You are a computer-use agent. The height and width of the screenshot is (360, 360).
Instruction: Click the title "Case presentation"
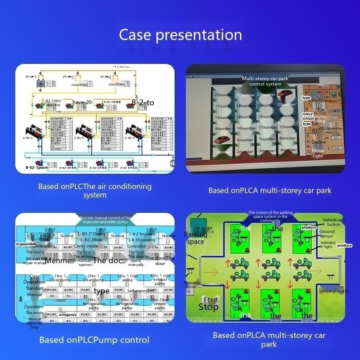[180, 35]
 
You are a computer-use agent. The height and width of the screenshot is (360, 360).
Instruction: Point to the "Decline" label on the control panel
[318, 142]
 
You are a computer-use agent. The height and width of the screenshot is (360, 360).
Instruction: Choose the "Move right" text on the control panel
[318, 153]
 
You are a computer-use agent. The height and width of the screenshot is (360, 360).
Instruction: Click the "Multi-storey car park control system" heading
[265, 81]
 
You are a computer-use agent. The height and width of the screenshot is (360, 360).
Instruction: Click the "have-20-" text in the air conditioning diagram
[82, 102]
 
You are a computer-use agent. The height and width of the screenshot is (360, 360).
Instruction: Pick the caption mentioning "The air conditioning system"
[94, 190]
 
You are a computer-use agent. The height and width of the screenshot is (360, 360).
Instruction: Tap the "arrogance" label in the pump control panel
[68, 315]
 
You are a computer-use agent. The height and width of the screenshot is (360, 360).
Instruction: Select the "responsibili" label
[31, 244]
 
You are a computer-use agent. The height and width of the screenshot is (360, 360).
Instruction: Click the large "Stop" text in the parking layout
[208, 307]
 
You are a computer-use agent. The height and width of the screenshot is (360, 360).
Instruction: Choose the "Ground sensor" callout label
[327, 234]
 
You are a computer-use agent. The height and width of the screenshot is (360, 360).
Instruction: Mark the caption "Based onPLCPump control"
[94, 340]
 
